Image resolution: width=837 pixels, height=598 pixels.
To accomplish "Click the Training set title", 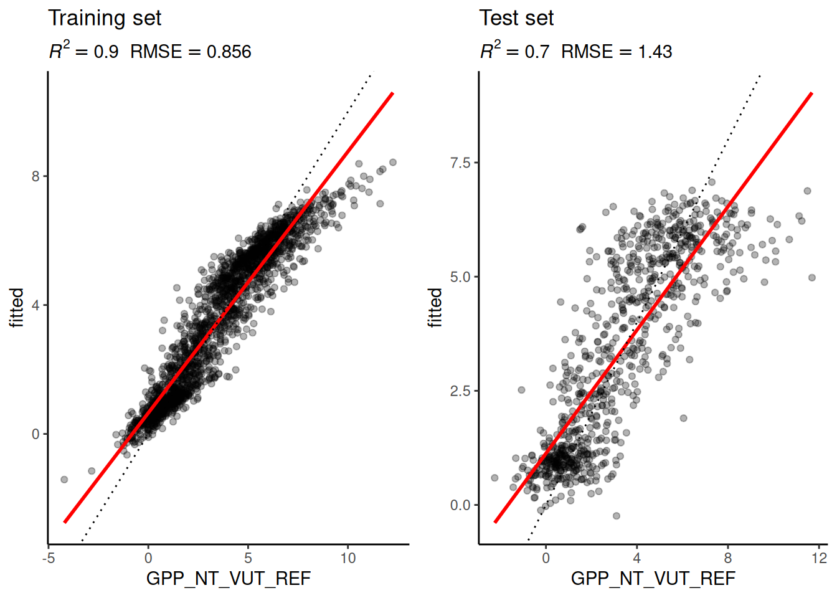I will click(x=105, y=18).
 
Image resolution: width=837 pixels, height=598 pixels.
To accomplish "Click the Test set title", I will click(x=516, y=18).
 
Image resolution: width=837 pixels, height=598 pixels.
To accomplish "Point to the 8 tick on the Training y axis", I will click(x=35, y=176).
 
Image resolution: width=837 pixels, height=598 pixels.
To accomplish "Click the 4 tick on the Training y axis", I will click(x=35, y=305).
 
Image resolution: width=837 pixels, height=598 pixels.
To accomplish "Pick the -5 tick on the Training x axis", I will click(x=49, y=558).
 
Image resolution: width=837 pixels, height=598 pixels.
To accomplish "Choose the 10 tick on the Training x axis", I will click(x=348, y=558).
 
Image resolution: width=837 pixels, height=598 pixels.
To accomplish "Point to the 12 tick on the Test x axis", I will click(x=819, y=558).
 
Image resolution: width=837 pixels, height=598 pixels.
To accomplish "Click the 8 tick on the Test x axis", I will click(x=728, y=558).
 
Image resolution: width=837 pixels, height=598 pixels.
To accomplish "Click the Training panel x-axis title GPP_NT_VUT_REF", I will click(x=228, y=579).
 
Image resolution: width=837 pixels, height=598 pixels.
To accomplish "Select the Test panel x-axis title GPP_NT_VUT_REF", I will click(x=653, y=579).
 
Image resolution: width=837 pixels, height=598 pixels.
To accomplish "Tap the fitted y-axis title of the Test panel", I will click(x=435, y=307).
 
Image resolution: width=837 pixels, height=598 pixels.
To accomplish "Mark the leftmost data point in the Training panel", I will click(x=64, y=480).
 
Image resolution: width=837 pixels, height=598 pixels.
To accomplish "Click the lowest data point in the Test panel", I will click(x=617, y=516).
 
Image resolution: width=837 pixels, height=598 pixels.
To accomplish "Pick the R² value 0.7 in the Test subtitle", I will click(x=537, y=52).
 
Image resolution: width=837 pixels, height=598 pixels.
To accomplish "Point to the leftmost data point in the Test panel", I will click(x=495, y=478).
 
